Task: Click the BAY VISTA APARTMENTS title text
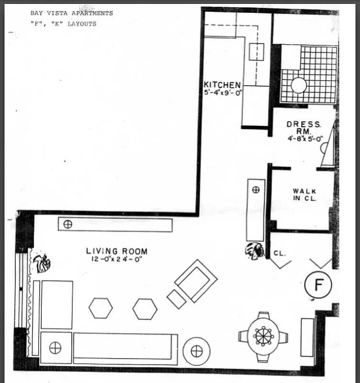[71, 13]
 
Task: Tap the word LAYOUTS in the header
[81, 23]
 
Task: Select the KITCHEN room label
[222, 85]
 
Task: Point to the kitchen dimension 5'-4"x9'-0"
[221, 93]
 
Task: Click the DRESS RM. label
[304, 127]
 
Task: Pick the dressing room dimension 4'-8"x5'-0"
[306, 139]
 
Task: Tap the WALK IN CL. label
[304, 195]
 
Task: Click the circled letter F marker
[318, 285]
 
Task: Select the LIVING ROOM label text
[116, 251]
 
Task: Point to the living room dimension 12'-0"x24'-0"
[116, 259]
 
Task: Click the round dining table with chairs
[263, 336]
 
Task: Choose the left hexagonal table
[101, 308]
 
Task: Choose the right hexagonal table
[145, 309]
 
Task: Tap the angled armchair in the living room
[195, 281]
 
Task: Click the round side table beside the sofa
[196, 351]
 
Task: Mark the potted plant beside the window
[41, 263]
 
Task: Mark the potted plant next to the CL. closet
[254, 250]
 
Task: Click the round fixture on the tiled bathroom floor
[299, 85]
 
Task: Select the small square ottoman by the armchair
[176, 299]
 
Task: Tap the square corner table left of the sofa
[56, 348]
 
